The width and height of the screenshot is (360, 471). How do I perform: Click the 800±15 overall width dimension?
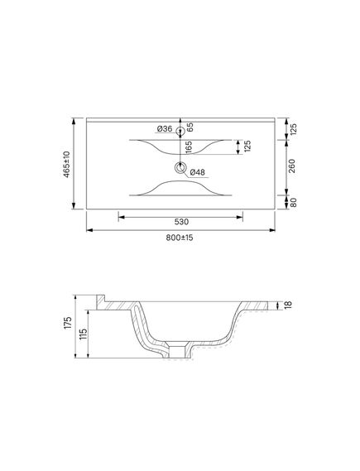click(180, 238)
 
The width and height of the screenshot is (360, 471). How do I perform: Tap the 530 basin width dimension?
click(181, 222)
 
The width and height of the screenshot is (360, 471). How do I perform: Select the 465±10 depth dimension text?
click(66, 164)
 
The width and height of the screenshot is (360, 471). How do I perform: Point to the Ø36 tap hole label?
click(165, 129)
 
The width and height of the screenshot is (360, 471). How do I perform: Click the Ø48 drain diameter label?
click(197, 172)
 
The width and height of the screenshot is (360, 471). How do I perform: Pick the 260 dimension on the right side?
click(291, 166)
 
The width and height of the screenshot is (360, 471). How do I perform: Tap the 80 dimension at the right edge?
click(293, 203)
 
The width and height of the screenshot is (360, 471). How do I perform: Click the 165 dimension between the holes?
click(189, 147)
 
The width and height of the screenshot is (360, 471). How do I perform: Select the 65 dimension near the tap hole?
click(190, 127)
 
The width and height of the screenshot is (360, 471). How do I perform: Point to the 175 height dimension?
click(68, 322)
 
